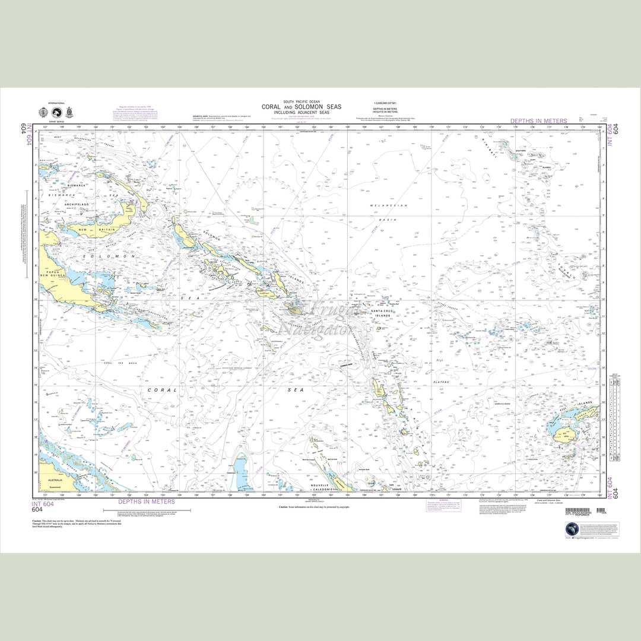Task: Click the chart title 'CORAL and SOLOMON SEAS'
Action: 301,107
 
